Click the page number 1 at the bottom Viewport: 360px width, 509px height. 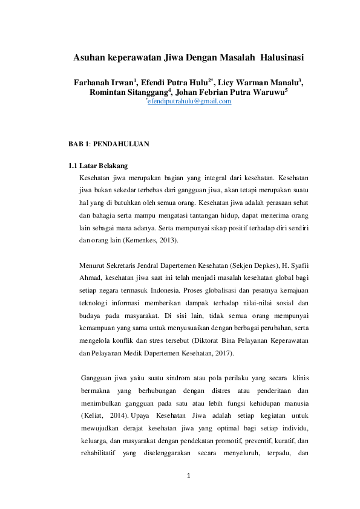(189, 475)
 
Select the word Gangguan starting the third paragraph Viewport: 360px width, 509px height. (96, 378)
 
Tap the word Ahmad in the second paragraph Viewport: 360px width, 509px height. (91, 276)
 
